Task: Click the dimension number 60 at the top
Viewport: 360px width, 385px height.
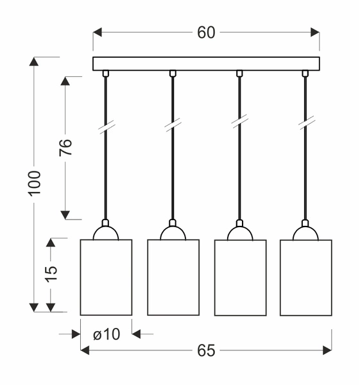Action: (x=206, y=33)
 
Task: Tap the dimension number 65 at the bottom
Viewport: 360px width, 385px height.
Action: (x=206, y=350)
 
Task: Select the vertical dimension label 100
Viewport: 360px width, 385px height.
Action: (x=35, y=184)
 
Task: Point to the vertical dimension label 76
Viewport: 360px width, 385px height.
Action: (x=65, y=148)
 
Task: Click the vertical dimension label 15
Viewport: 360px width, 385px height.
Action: (x=51, y=273)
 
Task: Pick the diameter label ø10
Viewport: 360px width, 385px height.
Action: (x=107, y=334)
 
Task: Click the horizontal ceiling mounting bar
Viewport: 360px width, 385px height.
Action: (x=206, y=64)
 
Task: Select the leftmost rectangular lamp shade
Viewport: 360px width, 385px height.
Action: (x=106, y=277)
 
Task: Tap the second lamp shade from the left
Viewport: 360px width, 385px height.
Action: (x=173, y=277)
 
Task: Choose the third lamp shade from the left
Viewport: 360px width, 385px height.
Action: (x=240, y=277)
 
